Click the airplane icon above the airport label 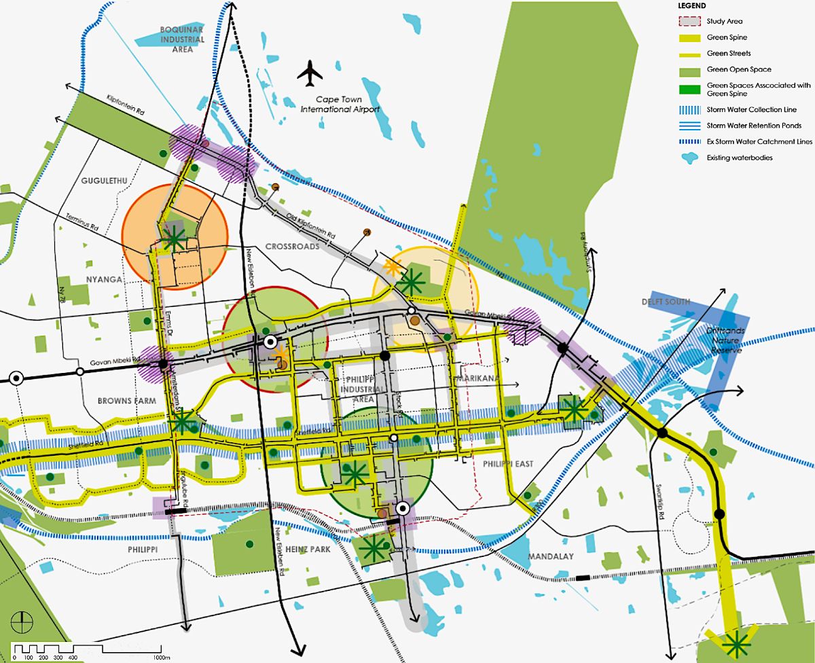coord(311,73)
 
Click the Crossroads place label coord(292,247)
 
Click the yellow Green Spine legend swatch coord(689,37)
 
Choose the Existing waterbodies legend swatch coord(689,158)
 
